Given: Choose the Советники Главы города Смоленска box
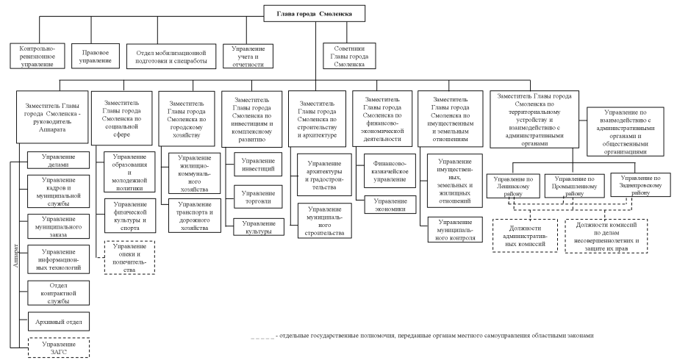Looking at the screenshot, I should point(350,56).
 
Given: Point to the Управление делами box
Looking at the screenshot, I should point(58,160).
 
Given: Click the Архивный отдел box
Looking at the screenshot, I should point(58,321).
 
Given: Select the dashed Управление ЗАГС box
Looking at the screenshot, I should point(58,348).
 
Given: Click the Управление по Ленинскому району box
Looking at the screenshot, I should point(515,187).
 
